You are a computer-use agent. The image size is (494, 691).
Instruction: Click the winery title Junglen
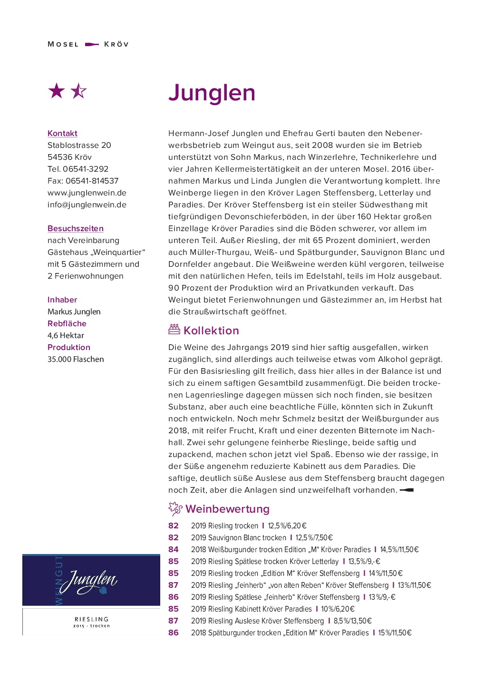(x=212, y=93)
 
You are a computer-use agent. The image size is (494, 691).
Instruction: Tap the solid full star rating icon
(x=57, y=90)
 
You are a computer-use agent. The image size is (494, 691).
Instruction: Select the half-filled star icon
(x=79, y=90)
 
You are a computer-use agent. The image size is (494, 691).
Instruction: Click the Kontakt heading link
(x=62, y=133)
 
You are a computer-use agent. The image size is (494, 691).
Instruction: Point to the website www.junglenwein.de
(x=87, y=193)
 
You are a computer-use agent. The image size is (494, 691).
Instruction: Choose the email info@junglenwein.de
(x=87, y=204)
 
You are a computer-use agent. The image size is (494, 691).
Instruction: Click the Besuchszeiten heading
(x=76, y=228)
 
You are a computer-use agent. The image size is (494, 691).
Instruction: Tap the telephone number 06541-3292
(x=86, y=169)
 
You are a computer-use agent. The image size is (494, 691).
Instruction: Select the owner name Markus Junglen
(x=74, y=311)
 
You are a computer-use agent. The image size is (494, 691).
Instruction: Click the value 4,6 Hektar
(x=66, y=335)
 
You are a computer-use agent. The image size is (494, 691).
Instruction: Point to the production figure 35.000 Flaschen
(x=76, y=359)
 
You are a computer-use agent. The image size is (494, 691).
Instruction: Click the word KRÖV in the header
(x=116, y=44)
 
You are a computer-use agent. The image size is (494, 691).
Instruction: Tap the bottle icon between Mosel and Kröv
(x=91, y=44)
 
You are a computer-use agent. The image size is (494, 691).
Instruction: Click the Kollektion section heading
(x=211, y=331)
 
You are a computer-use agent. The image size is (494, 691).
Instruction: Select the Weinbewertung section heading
(x=227, y=509)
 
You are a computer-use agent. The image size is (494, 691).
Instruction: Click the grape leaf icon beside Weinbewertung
(x=175, y=509)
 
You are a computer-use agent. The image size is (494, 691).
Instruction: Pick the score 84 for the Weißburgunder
(x=174, y=549)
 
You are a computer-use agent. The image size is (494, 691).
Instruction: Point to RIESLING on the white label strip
(x=91, y=619)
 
